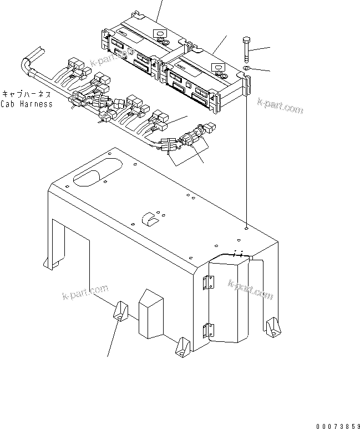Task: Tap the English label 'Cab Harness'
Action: (x=27, y=104)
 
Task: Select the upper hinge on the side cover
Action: (x=209, y=282)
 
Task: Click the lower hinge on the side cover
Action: (x=209, y=330)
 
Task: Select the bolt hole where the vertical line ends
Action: (x=245, y=226)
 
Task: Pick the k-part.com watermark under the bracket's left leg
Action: (x=83, y=292)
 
